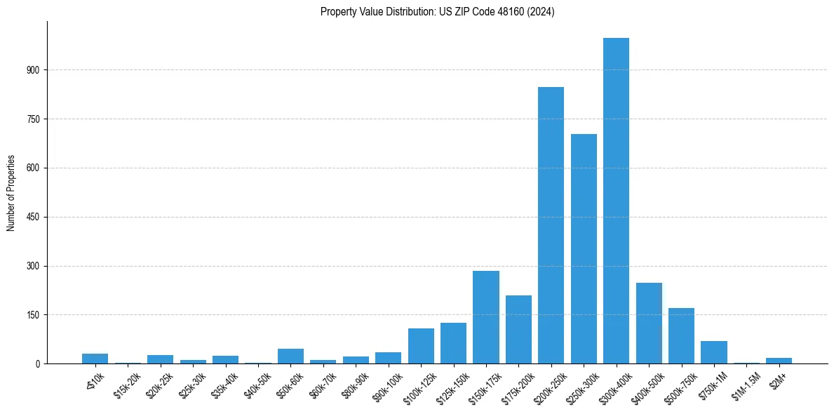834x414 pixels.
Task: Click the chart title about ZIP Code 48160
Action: (x=437, y=12)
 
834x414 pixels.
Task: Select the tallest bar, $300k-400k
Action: (x=616, y=201)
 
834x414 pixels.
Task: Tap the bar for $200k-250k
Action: (x=551, y=225)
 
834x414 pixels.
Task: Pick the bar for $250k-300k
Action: (x=584, y=249)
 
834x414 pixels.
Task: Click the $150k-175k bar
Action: (x=486, y=317)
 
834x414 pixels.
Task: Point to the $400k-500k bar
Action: (x=649, y=323)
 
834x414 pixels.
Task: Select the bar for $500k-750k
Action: (x=681, y=336)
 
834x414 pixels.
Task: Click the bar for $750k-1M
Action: (x=714, y=352)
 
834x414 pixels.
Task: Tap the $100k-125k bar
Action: (x=421, y=346)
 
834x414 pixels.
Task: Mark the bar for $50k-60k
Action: (x=290, y=356)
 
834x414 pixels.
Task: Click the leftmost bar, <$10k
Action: (x=95, y=359)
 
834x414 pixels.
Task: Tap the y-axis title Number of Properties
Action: (x=11, y=192)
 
